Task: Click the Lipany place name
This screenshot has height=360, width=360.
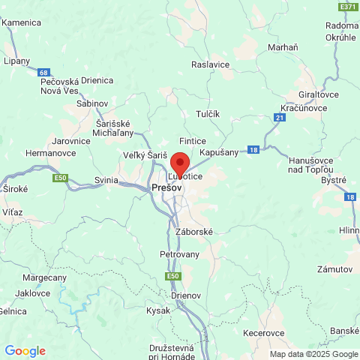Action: (x=16, y=61)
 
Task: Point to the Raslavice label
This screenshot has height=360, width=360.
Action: (x=210, y=64)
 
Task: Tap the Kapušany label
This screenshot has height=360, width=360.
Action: (x=220, y=151)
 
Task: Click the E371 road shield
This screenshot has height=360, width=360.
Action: (x=348, y=6)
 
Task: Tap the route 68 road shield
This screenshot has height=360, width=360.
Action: (x=45, y=73)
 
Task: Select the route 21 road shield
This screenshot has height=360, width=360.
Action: (x=279, y=118)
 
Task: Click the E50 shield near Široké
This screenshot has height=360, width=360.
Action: (x=61, y=178)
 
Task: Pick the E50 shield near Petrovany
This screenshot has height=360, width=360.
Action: (x=173, y=277)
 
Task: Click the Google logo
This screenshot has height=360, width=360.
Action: (x=25, y=350)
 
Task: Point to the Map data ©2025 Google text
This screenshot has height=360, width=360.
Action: (x=314, y=354)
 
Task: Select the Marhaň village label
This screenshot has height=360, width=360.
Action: (x=283, y=48)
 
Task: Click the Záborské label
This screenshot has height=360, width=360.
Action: (x=194, y=232)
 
